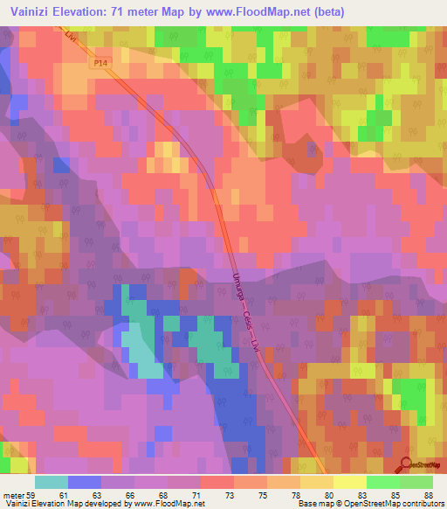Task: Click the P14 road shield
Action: click(x=101, y=64)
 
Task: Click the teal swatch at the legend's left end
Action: click(x=52, y=482)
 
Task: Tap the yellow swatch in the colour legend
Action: click(x=349, y=482)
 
